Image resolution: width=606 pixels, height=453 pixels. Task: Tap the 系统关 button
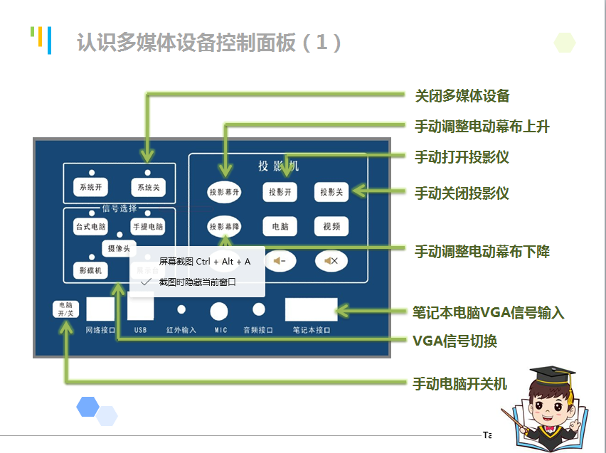click(x=147, y=188)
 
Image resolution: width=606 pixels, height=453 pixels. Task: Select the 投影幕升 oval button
click(x=225, y=192)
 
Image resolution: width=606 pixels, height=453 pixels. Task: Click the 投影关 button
click(x=331, y=192)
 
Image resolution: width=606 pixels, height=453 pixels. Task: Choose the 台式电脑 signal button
click(x=91, y=227)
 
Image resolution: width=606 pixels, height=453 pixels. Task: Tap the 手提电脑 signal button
click(x=147, y=227)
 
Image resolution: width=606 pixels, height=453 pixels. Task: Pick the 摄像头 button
click(x=118, y=248)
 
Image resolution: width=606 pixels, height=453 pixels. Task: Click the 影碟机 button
click(x=90, y=271)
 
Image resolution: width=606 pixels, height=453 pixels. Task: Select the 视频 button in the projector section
click(x=331, y=226)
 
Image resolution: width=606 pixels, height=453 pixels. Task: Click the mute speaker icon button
click(x=331, y=261)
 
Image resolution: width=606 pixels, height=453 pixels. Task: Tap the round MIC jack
click(x=218, y=311)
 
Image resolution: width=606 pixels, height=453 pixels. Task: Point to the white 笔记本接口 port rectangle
click(x=311, y=309)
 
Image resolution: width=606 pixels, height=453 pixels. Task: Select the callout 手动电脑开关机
click(x=460, y=383)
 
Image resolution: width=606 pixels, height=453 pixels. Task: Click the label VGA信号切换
click(x=455, y=341)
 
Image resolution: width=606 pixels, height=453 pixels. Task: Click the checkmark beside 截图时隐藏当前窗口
click(x=146, y=282)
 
